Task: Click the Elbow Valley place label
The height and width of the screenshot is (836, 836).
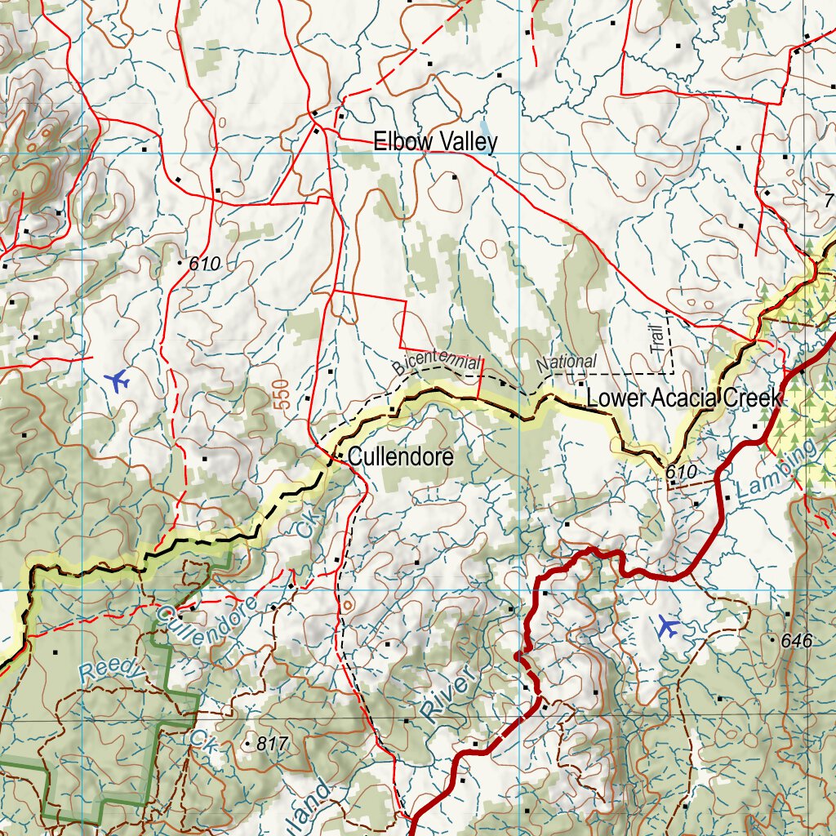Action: point(435,142)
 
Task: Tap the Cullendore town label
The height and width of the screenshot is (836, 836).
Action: point(400,457)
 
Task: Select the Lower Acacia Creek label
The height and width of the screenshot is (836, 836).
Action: point(684,398)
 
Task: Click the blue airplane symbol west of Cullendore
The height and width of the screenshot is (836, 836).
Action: point(118,380)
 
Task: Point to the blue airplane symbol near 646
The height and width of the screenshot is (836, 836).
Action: point(668,627)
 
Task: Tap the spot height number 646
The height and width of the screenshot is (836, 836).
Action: point(796,641)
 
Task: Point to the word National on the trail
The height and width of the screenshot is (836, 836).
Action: point(567,362)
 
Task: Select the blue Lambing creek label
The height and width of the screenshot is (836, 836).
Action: point(776,472)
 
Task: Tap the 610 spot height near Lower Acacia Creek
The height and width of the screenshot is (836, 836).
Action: point(680,472)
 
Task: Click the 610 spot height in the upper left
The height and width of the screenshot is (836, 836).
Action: point(204,264)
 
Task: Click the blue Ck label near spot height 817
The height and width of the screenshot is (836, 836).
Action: point(201,739)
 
